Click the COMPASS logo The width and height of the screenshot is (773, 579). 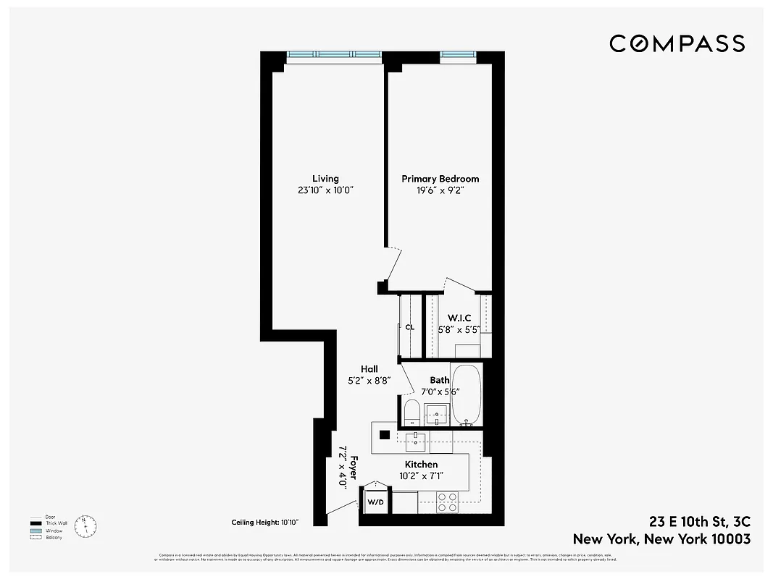pos(677,43)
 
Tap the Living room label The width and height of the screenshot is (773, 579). pos(325,179)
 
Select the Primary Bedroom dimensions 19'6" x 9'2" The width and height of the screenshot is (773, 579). pos(440,190)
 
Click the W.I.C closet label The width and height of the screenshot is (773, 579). pos(459,318)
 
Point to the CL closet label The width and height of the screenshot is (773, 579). pos(409,327)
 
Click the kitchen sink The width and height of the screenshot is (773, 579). pos(417,439)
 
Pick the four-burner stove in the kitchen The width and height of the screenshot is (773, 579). pos(448,502)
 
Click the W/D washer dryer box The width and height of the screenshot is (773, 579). pos(375,502)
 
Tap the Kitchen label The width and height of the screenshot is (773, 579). pos(421,465)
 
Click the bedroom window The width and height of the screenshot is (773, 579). pos(458,55)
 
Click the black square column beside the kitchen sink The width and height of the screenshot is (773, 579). pos(385,436)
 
